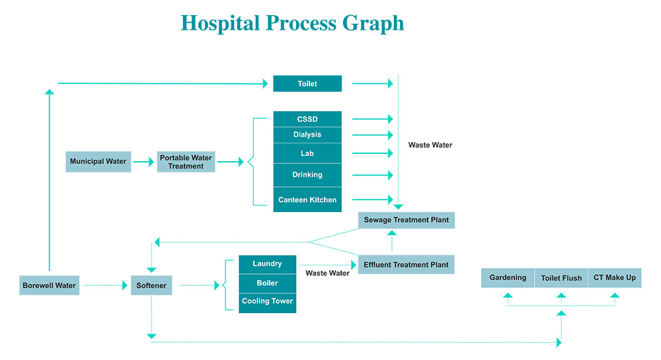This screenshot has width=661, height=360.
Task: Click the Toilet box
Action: coord(307,84)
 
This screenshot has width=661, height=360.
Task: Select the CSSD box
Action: coord(307,119)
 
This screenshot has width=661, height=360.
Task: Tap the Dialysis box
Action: coord(307,135)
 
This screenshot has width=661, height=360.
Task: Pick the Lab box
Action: coord(307,153)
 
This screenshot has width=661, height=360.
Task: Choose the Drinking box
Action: coord(307,175)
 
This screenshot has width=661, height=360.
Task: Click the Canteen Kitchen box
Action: coord(307,199)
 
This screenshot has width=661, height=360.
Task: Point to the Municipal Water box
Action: coord(98,162)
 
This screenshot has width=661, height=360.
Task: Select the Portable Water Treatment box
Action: coord(186,162)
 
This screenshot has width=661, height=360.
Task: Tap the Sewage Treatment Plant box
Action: coord(406,220)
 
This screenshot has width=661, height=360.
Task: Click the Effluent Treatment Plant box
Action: coord(406,265)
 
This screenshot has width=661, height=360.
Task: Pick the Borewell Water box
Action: coord(49,285)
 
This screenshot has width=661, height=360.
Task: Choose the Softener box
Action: coord(151,285)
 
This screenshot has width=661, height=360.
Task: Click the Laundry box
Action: coord(267,264)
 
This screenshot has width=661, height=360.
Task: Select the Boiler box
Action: coord(267,283)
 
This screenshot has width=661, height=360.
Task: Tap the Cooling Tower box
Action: coord(267,301)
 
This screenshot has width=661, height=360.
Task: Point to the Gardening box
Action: coord(508,278)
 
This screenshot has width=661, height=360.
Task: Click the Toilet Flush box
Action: coord(561,278)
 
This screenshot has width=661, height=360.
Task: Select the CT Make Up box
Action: coord(615,278)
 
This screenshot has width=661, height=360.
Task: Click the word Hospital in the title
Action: coord(220,23)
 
